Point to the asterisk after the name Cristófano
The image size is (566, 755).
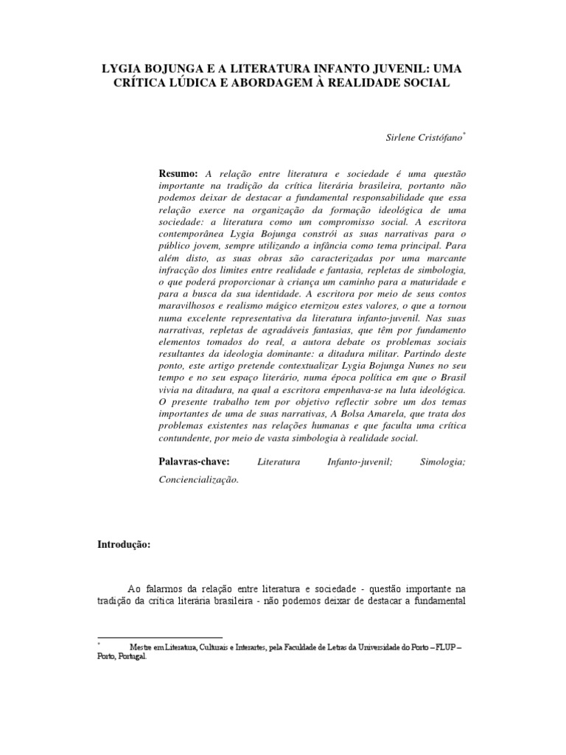coord(464,134)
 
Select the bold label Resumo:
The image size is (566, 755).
coord(179,173)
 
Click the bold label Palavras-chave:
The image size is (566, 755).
coord(195,462)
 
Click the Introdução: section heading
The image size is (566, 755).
coord(124,545)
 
